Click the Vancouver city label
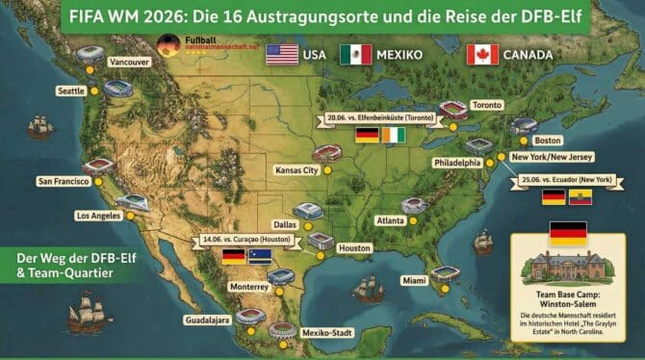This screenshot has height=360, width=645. tap(130, 63)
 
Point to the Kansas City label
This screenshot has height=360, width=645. tap(297, 170)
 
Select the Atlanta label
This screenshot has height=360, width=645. tap(390, 220)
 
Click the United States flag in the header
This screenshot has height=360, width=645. tap(282, 54)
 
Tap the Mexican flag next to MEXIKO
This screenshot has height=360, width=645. tap(355, 54)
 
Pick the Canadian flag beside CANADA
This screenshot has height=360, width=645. tap(482, 54)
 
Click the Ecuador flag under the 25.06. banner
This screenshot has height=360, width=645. tap(580, 197)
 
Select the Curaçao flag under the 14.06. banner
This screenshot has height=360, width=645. tap(262, 256)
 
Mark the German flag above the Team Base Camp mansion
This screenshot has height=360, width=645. tap(567, 232)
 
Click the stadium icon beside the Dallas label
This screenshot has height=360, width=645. tap(308, 210)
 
